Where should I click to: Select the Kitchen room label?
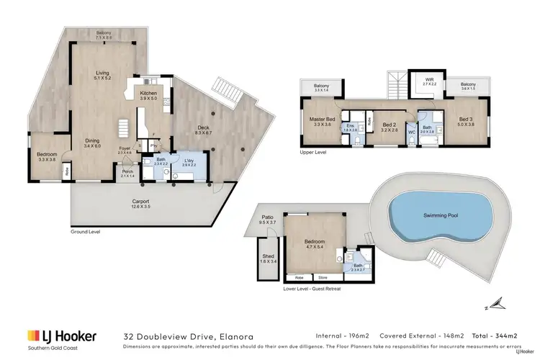coord(148,94)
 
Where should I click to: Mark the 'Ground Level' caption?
coord(85,232)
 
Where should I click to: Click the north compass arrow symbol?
coord(493,301)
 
